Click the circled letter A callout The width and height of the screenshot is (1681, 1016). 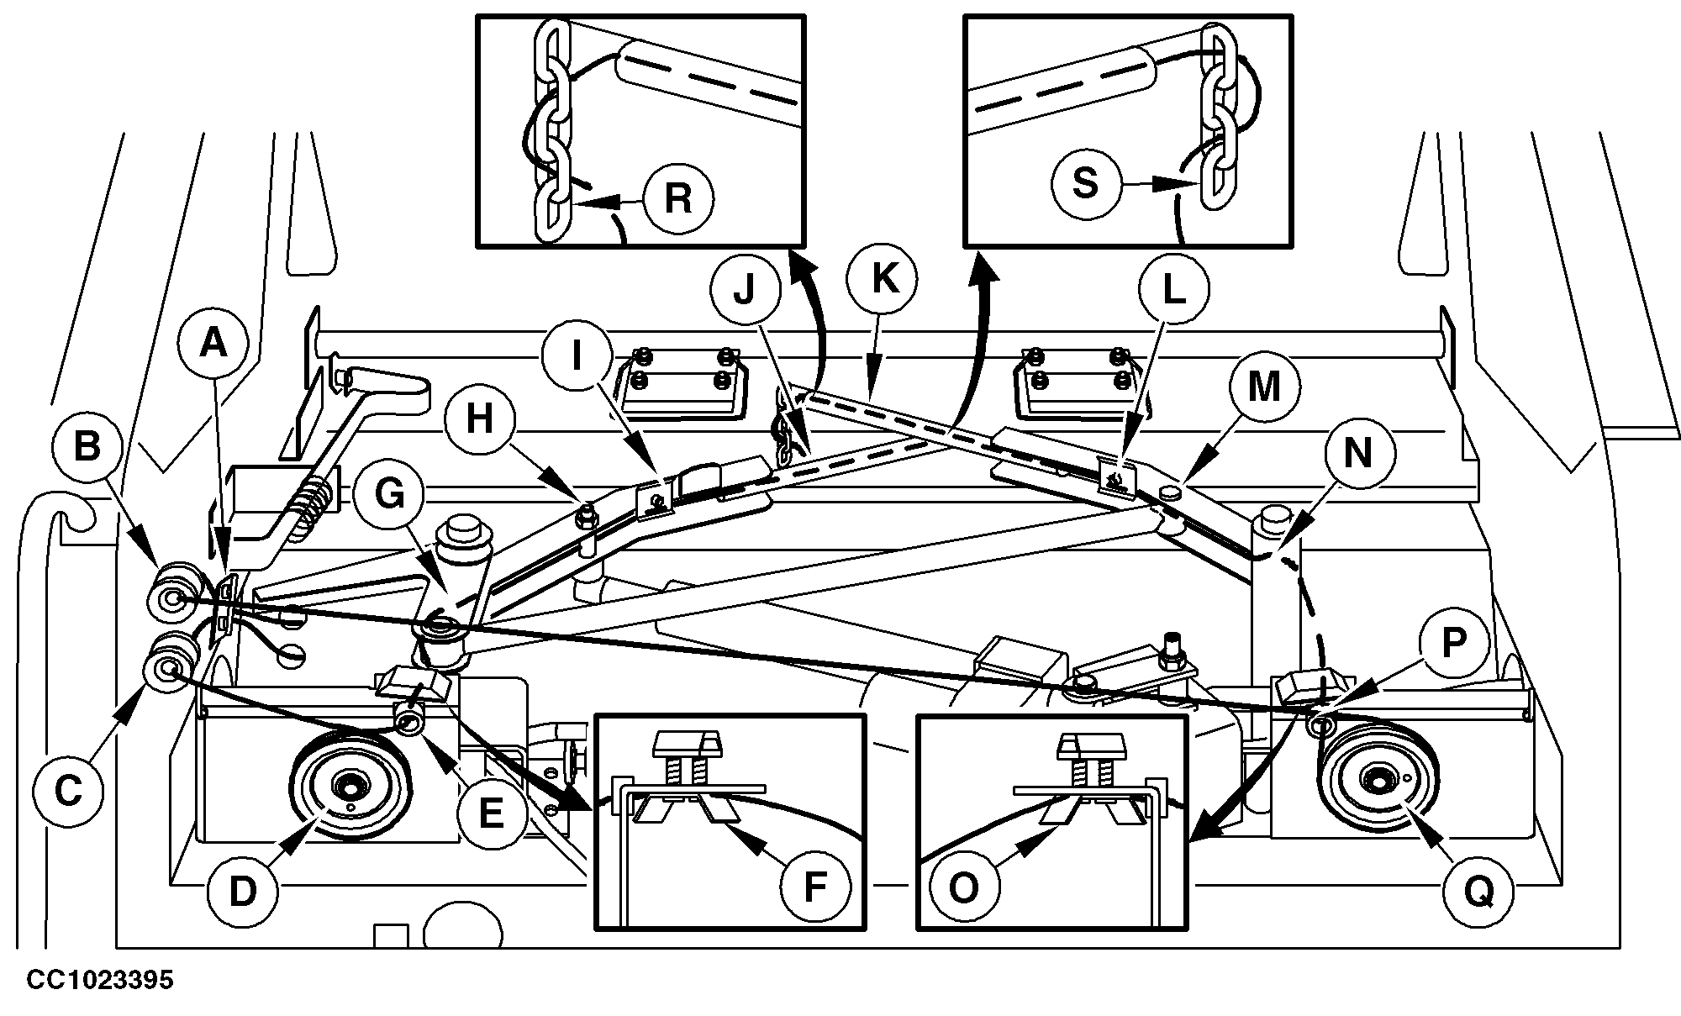point(213,343)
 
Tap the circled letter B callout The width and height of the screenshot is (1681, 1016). point(87,447)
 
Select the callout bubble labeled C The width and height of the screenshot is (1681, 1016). point(68,790)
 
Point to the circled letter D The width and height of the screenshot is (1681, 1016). point(242,890)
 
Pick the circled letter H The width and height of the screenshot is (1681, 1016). point(480,418)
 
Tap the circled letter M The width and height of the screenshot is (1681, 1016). point(1263,387)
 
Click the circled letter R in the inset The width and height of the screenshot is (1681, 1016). point(677,200)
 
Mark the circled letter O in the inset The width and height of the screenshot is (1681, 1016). point(963,887)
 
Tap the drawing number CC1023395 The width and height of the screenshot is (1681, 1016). point(100,980)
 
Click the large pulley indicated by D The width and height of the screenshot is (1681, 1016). point(349,785)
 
